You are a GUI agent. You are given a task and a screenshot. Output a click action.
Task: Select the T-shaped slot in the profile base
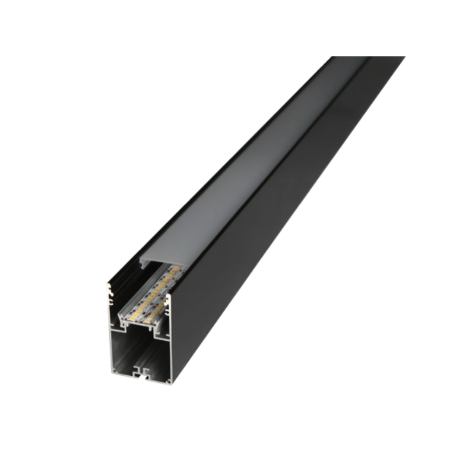click(x=141, y=373)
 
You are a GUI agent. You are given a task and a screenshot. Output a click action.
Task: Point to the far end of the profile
click(x=368, y=58)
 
